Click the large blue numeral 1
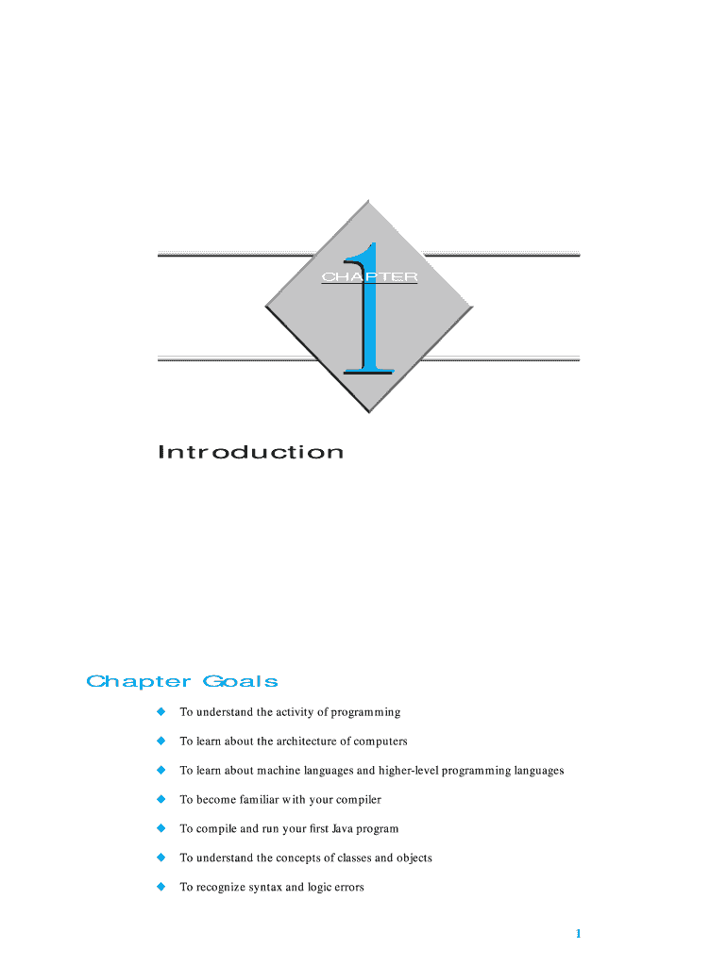pos(370,311)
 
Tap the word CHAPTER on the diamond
pos(369,277)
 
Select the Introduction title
pos(251,453)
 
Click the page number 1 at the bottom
pos(578,934)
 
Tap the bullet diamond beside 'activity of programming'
pos(161,711)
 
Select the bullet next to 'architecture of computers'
pos(161,741)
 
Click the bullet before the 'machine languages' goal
pos(161,770)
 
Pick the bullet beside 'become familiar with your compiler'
pos(161,799)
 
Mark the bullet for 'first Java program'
pos(161,828)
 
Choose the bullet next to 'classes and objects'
pos(161,858)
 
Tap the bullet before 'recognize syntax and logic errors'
pos(161,887)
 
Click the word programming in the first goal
pos(364,712)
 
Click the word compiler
pos(357,800)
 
